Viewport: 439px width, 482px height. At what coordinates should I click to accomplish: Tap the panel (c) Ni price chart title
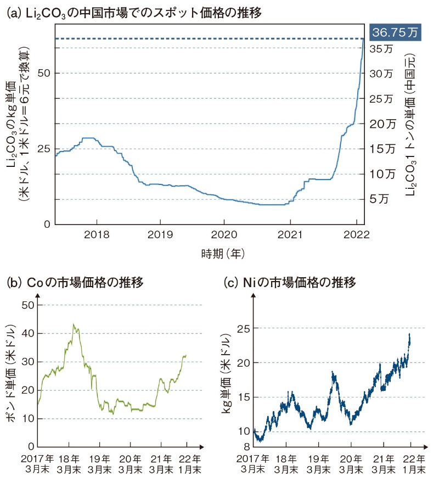[291, 283]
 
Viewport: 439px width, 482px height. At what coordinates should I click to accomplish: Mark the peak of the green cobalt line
[74, 324]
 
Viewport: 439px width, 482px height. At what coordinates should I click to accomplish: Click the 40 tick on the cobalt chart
[27, 333]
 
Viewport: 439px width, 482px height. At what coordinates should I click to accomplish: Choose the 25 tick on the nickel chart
[244, 328]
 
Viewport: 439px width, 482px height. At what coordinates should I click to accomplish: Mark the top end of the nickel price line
[409, 334]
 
